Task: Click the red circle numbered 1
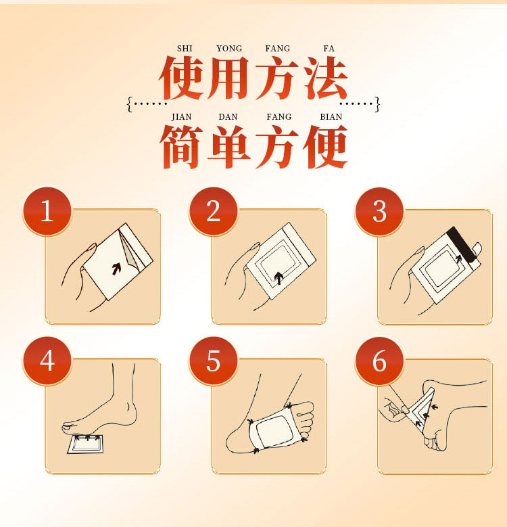tap(47, 211)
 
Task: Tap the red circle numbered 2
tap(213, 211)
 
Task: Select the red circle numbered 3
tap(379, 211)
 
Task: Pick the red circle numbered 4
tap(47, 361)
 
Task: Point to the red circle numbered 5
tap(213, 361)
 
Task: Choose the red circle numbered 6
tap(379, 361)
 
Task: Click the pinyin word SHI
tap(185, 49)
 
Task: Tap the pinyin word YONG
tap(229, 49)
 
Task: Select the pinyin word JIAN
tap(181, 116)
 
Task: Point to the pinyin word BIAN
tap(331, 116)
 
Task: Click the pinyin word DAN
tap(228, 116)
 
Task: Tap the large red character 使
tap(181, 78)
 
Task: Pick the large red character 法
tap(326, 78)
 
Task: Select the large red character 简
tap(181, 147)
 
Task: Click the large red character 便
tap(326, 147)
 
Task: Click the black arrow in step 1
tap(116, 269)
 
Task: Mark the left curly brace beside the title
tap(130, 104)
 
